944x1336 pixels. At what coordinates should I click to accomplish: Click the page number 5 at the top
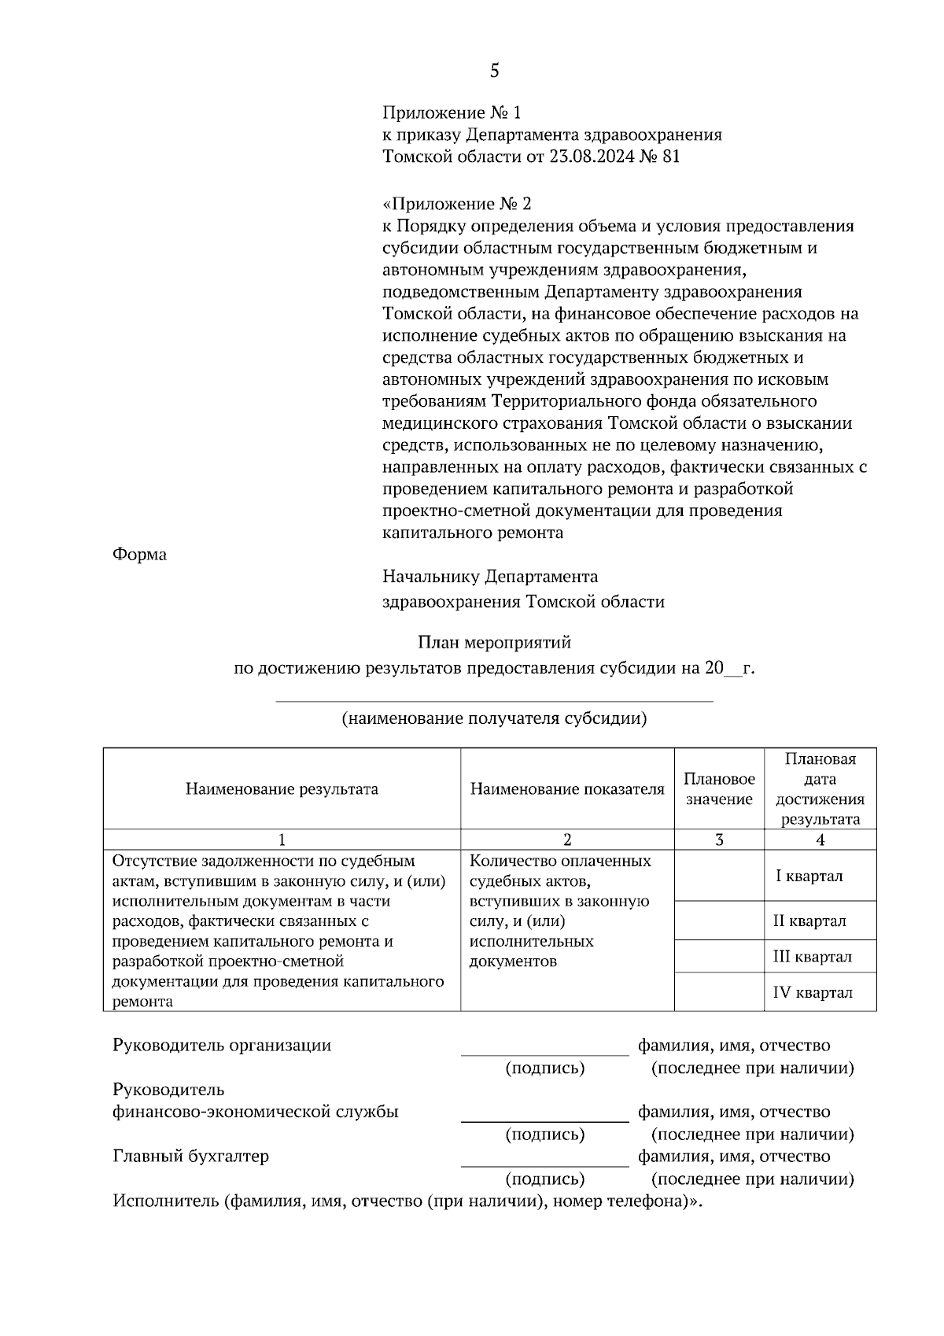pyautogui.click(x=494, y=71)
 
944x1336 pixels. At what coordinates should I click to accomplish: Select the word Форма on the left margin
pyautogui.click(x=139, y=555)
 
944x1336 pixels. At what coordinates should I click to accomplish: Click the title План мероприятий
pyautogui.click(x=494, y=643)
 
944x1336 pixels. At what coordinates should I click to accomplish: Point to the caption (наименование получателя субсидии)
pyautogui.click(x=494, y=718)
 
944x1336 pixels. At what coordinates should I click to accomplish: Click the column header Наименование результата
pyautogui.click(x=282, y=789)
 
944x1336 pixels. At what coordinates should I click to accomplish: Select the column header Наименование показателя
pyautogui.click(x=567, y=789)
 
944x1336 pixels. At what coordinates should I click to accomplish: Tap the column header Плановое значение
pyautogui.click(x=719, y=789)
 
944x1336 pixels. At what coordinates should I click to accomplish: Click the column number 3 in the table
pyautogui.click(x=719, y=840)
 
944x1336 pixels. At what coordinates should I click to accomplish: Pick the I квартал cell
pyautogui.click(x=809, y=877)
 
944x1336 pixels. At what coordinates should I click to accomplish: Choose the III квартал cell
pyautogui.click(x=813, y=957)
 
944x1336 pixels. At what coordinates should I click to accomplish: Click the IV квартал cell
pyautogui.click(x=813, y=993)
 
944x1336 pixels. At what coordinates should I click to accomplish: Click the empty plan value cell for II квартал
pyautogui.click(x=719, y=921)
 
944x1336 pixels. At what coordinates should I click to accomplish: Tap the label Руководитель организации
pyautogui.click(x=222, y=1046)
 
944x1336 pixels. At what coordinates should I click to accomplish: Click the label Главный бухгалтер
pyautogui.click(x=191, y=1157)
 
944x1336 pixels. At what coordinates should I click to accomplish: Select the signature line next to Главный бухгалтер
pyautogui.click(x=544, y=1164)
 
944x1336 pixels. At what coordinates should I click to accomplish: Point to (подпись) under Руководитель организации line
pyautogui.click(x=544, y=1068)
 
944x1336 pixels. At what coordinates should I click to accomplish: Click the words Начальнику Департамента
pyautogui.click(x=489, y=577)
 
